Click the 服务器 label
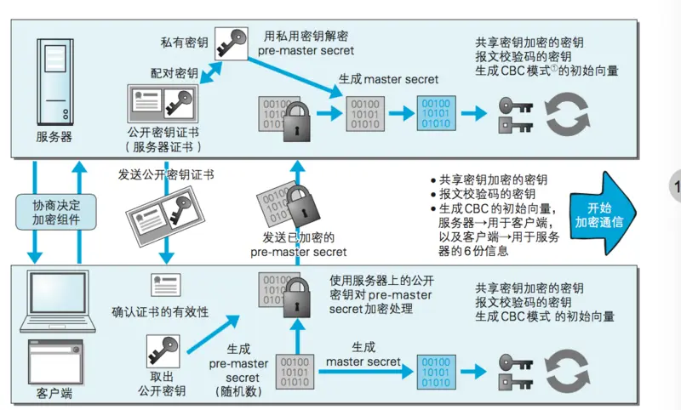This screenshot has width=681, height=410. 54,135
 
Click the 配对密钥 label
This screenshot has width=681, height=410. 175,74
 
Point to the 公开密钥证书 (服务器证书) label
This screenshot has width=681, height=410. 163,140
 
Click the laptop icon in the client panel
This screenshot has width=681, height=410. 53,298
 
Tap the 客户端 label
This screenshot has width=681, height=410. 53,395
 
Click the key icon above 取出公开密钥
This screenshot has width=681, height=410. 162,350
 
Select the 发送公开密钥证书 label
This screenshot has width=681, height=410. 166,174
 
